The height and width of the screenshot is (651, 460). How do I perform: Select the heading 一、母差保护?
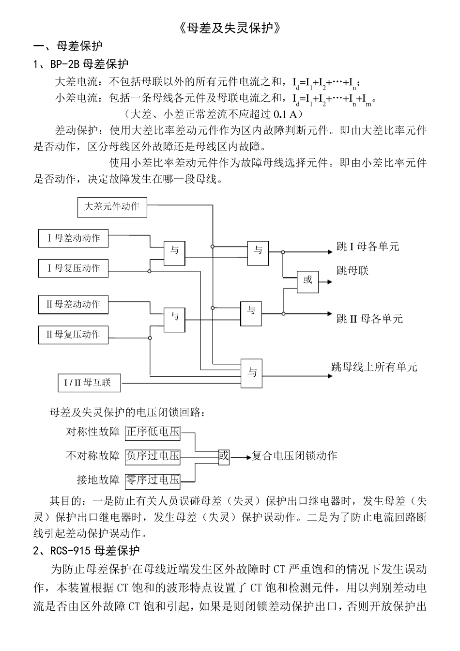coord(68,46)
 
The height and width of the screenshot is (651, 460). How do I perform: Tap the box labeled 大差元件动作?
coord(112,207)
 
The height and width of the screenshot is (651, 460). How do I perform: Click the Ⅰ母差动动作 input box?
coord(74,238)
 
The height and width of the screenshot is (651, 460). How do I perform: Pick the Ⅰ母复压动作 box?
coord(74,268)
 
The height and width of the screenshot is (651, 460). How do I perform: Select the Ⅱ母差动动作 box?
coord(74,305)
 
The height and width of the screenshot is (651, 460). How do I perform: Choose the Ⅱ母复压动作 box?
coord(74,335)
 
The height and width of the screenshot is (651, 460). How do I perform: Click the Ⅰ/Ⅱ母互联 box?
coord(89,383)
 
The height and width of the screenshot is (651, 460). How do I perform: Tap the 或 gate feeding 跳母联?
coord(307,280)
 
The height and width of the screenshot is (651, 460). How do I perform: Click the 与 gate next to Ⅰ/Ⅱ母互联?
coord(252,372)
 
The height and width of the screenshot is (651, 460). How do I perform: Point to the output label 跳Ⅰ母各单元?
coord(368,247)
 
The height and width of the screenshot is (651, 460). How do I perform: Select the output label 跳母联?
coord(353,271)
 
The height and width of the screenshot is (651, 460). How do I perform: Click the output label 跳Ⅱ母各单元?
coord(369,319)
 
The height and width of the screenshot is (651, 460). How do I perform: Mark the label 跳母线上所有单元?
coord(374,367)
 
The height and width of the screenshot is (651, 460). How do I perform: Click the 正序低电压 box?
coord(153,432)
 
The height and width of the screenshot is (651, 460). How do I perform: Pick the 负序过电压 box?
coord(153,456)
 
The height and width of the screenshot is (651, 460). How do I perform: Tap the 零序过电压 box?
coord(153,480)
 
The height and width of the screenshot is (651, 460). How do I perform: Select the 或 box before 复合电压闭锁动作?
coord(224,456)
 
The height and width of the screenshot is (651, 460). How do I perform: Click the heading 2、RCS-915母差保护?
coord(86,551)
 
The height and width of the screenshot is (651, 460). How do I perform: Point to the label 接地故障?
coord(98,480)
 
